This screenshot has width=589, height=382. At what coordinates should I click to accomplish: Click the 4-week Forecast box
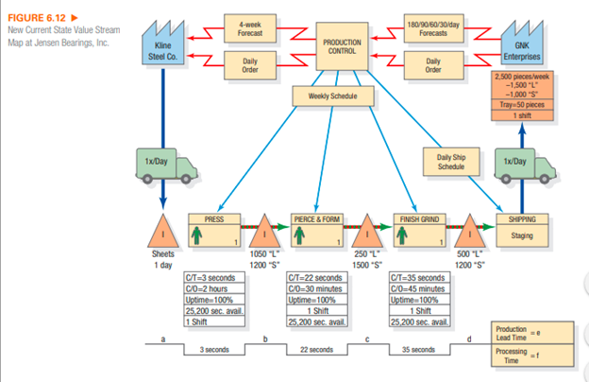[250, 26]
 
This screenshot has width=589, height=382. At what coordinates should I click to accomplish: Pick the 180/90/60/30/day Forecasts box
[432, 26]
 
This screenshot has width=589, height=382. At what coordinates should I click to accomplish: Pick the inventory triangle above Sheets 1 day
[163, 232]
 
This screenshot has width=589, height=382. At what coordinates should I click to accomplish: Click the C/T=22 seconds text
[315, 278]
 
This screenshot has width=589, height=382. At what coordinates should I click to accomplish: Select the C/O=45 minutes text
[417, 287]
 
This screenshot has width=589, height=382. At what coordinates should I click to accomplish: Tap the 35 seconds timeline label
[419, 350]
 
